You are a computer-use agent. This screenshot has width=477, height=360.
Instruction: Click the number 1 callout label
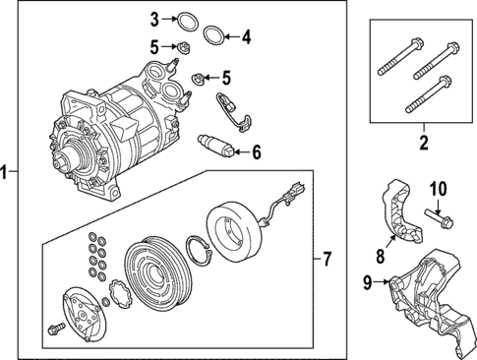click(7, 173)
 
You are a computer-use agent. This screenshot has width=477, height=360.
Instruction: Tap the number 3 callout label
click(154, 20)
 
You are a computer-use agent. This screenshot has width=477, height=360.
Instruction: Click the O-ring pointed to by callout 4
click(211, 37)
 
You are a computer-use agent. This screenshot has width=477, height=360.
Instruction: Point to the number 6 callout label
click(257, 152)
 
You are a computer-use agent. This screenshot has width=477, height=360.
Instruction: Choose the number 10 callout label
click(437, 188)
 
